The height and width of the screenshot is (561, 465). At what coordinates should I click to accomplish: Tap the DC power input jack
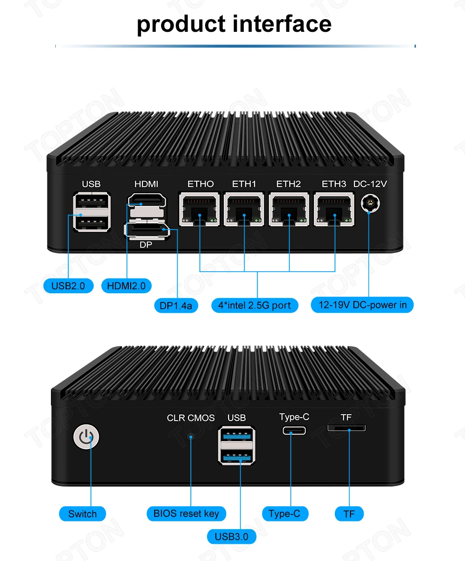[x=371, y=205]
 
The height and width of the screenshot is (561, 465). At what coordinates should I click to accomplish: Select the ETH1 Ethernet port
[x=244, y=210]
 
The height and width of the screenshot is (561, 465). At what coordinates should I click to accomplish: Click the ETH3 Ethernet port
[x=334, y=210]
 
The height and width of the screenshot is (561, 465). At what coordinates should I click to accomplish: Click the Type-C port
[x=294, y=431]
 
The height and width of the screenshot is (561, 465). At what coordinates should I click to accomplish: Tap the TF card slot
[x=346, y=428]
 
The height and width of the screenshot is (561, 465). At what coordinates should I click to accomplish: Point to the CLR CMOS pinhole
[x=191, y=436]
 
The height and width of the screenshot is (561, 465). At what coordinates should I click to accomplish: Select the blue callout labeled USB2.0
[x=68, y=285]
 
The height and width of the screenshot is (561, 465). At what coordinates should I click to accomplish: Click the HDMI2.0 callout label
[x=126, y=286]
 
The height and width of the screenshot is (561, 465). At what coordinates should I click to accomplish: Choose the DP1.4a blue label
[x=176, y=306]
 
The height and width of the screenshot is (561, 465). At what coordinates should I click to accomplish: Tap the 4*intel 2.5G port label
[x=255, y=305]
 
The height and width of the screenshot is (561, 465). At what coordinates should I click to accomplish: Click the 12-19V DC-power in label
[x=362, y=305]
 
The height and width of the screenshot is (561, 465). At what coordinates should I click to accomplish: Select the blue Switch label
[x=82, y=514]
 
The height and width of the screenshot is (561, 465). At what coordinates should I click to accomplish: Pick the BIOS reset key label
[x=186, y=514]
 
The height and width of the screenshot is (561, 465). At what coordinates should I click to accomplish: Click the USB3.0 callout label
[x=232, y=537]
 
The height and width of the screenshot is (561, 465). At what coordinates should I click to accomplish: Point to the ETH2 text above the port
[x=288, y=184]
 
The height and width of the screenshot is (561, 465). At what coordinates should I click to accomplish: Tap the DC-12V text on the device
[x=370, y=184]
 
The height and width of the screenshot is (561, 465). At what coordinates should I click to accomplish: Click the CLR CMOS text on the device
[x=190, y=418]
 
